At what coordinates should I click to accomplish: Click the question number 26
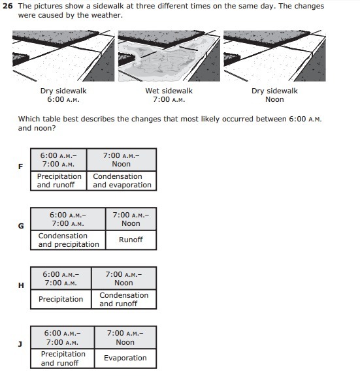click(8, 6)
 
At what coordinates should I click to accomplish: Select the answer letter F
click(21, 166)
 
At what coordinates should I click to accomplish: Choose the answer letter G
click(21, 226)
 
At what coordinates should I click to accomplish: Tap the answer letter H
click(21, 285)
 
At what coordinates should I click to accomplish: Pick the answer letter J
click(20, 344)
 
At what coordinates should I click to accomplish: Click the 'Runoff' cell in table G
click(131, 240)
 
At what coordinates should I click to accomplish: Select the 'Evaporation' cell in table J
click(125, 358)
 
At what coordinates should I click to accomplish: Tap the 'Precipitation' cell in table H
click(61, 299)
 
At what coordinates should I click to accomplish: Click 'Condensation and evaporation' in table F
click(122, 181)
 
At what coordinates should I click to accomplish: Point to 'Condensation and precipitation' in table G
click(69, 240)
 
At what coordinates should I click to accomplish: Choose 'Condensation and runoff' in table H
click(123, 299)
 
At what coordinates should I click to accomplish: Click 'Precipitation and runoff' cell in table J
click(63, 358)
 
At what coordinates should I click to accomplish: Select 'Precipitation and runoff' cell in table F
click(59, 181)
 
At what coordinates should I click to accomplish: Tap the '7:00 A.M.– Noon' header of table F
click(122, 160)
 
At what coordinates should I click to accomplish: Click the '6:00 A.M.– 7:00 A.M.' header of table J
click(63, 338)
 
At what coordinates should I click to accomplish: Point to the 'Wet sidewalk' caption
click(169, 91)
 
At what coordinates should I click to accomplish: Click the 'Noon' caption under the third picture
click(274, 99)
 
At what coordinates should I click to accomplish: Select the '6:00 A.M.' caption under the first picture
click(63, 99)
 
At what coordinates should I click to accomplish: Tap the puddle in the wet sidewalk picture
click(163, 60)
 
